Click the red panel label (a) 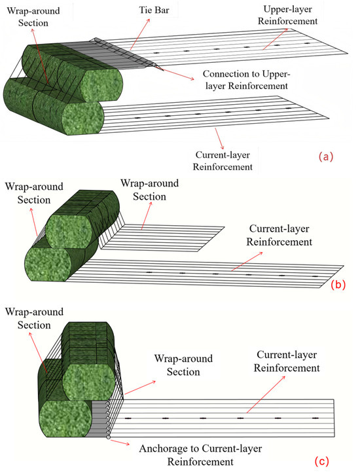click(326, 156)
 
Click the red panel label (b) click(338, 284)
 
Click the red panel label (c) click(322, 461)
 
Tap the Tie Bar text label click(154, 10)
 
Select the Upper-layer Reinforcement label click(288, 15)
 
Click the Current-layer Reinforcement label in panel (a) click(223, 161)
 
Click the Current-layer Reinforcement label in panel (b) click(279, 235)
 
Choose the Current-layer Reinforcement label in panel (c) click(287, 361)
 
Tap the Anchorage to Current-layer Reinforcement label click(200, 455)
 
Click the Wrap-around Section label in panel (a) click(33, 17)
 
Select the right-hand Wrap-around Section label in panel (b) click(150, 190)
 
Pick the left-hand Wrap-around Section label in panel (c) click(34, 318)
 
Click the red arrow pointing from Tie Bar click(139, 33)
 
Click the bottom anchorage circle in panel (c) click(109, 437)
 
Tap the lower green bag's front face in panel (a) click(82, 118)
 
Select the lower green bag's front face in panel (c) click(65, 419)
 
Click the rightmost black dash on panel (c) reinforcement click(315, 418)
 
